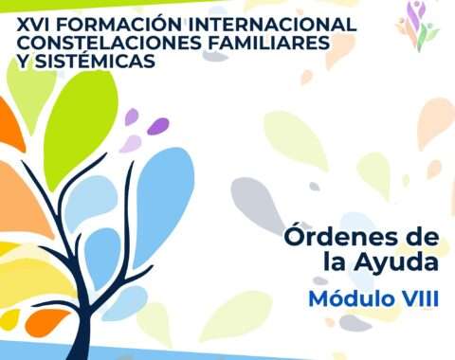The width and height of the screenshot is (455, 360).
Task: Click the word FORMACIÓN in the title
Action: coord(120,24)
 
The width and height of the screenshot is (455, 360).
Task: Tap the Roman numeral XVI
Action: coord(33,25)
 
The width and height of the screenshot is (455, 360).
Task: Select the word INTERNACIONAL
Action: coord(273,25)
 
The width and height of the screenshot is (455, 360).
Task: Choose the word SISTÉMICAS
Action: coord(95,61)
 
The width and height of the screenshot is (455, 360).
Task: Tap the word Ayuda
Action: coord(396,262)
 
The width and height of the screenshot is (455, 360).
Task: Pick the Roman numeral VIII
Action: coord(418,298)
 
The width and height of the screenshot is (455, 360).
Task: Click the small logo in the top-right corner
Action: coord(417,26)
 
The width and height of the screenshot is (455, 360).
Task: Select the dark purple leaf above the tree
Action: coord(158,126)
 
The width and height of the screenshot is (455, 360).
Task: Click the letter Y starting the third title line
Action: coord(23,61)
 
